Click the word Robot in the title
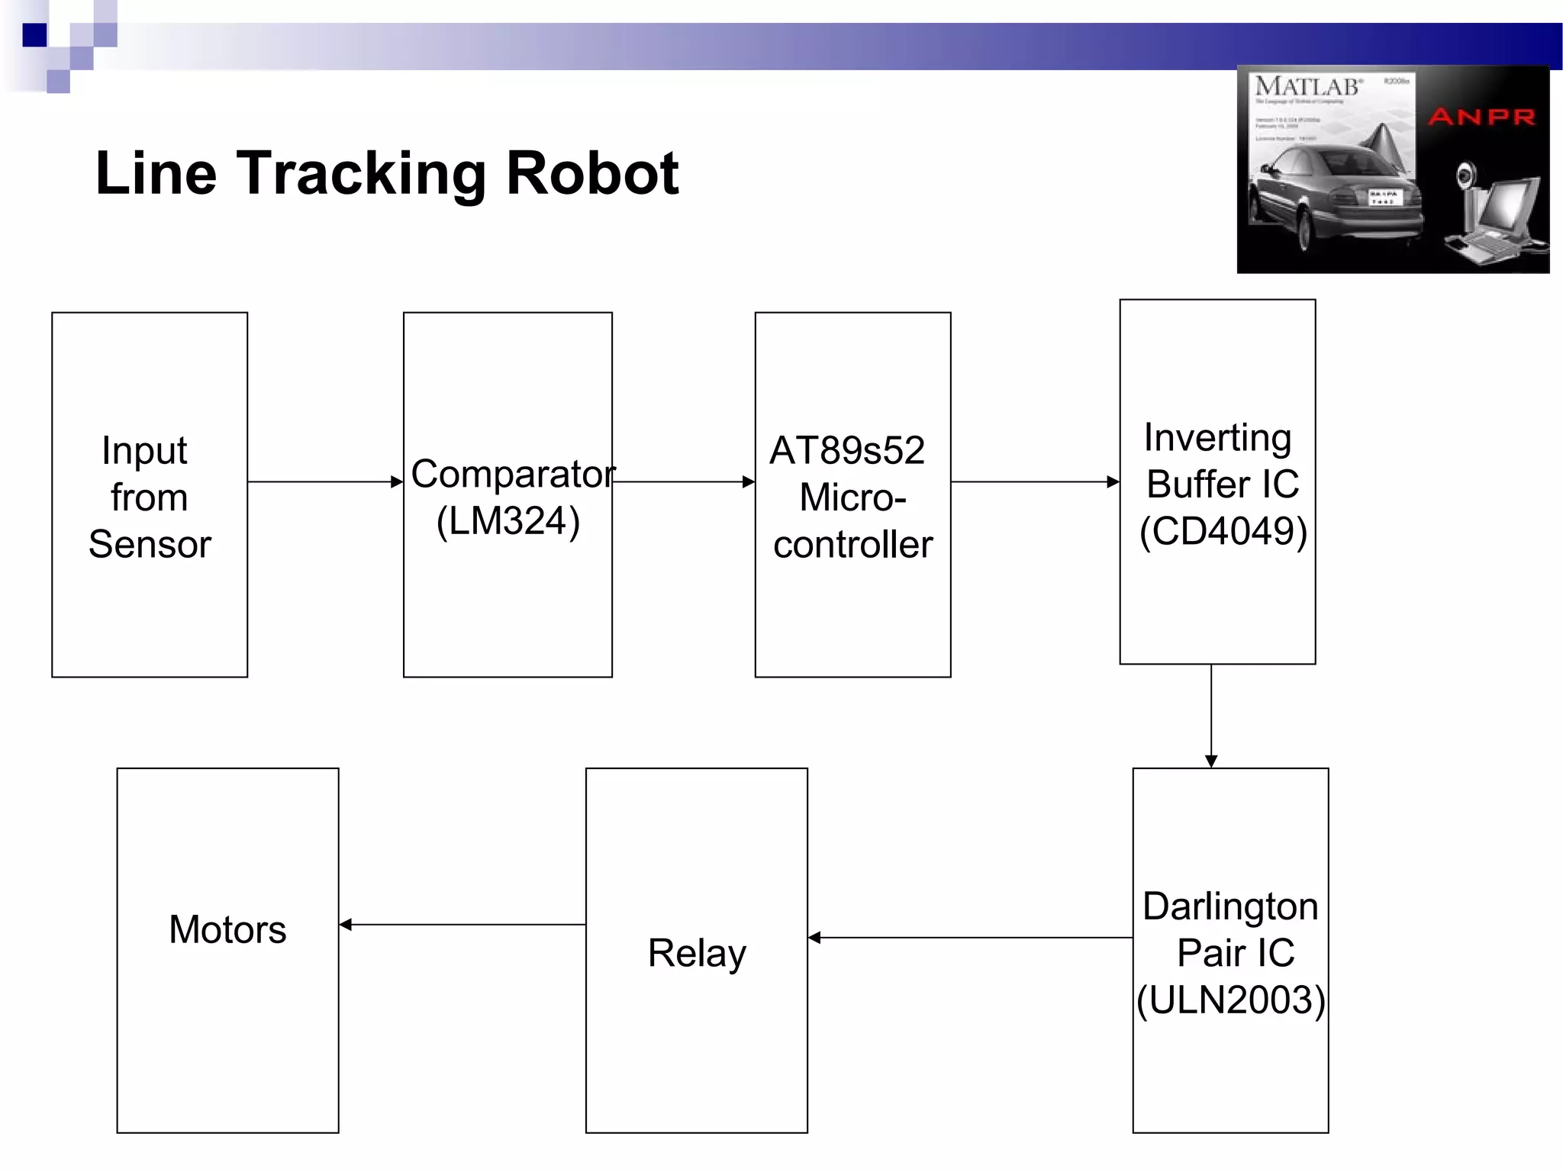592,174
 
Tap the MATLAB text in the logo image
1308,87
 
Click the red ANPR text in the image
1481,118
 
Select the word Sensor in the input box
150,545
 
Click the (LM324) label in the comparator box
508,521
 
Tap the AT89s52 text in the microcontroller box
847,450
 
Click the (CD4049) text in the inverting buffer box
1223,531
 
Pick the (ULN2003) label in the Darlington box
1230,1000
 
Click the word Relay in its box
697,953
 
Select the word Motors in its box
227,929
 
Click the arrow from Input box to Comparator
325,481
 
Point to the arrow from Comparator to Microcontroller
684,481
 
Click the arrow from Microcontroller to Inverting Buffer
1035,481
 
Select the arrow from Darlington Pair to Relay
969,938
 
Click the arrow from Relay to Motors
462,925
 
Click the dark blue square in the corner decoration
34,35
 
